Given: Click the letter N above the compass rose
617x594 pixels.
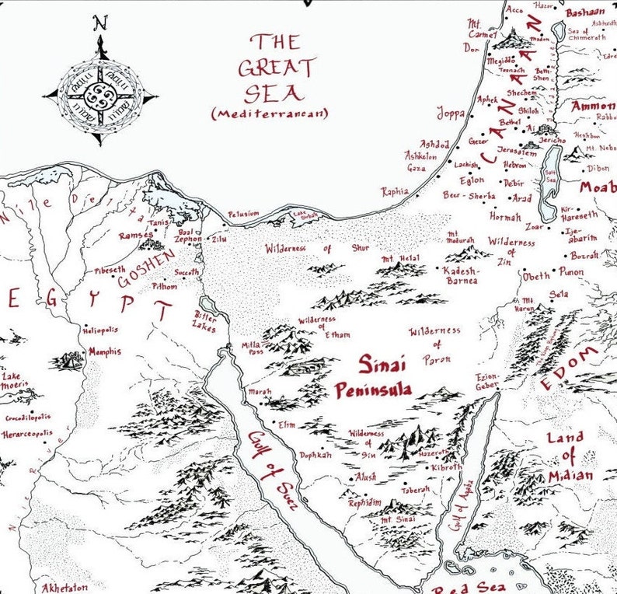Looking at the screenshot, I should pos(99,23).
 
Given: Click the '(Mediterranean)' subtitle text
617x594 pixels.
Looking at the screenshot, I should pos(270,114).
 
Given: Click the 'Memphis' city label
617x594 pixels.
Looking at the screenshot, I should pos(104,351).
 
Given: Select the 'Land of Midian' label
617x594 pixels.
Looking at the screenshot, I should pos(570,456).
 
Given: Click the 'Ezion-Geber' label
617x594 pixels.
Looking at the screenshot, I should pos(487,380).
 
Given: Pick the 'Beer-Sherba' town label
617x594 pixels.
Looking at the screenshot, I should pos(469,196).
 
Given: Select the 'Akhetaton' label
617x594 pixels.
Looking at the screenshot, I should pos(64,587).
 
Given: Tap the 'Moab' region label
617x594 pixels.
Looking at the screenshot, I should pos(597,187).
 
